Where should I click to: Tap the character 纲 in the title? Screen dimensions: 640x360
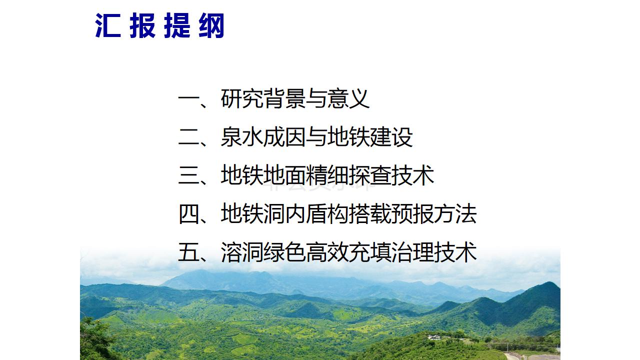(x=211, y=25)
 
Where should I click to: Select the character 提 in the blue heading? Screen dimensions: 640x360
(x=177, y=25)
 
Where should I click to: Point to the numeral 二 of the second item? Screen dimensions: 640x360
(x=188, y=137)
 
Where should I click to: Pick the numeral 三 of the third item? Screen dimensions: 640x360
(x=188, y=175)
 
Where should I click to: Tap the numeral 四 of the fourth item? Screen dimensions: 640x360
(x=188, y=214)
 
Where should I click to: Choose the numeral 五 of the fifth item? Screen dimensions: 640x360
(x=188, y=252)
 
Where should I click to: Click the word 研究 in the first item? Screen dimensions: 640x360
(x=242, y=99)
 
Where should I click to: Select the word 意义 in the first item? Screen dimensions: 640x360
(x=348, y=99)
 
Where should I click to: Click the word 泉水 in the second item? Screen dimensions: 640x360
(x=242, y=137)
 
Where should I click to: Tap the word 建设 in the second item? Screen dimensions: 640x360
(x=391, y=137)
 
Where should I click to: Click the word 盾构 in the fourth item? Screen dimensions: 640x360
(x=327, y=213)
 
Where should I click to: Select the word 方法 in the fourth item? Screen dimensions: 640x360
(x=455, y=213)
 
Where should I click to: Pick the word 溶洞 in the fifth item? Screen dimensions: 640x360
(x=242, y=251)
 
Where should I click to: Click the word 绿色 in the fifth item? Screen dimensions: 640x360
(x=284, y=251)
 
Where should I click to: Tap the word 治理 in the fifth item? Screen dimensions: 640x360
(x=412, y=251)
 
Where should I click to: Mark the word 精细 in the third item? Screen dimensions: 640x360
(x=327, y=175)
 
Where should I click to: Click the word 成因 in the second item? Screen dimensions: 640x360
(x=284, y=137)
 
